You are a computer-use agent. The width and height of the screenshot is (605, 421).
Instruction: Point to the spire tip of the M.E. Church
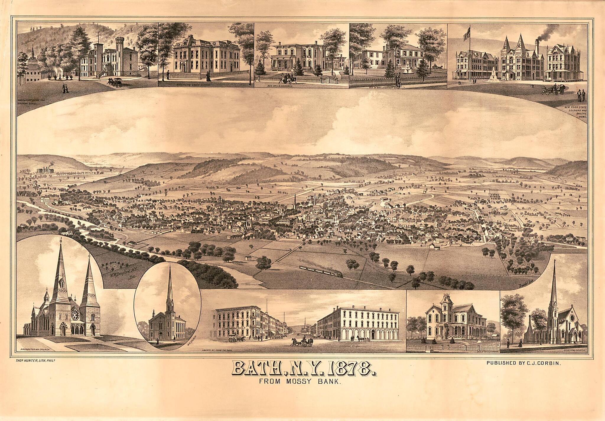click(170, 268)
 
